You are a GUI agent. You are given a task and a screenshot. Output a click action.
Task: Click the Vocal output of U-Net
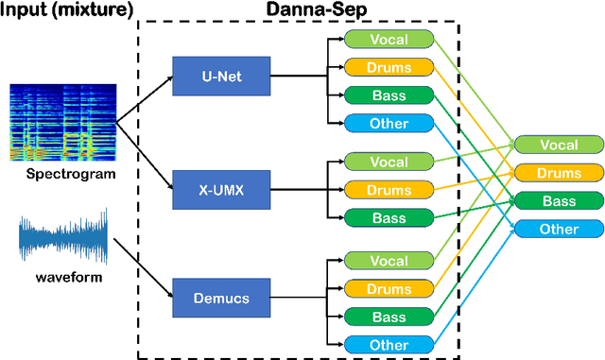389,40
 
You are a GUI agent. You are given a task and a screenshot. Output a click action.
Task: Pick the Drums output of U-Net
389,67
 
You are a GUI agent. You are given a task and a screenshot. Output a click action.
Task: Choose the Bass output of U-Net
389,94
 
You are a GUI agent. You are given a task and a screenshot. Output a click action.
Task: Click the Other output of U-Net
389,123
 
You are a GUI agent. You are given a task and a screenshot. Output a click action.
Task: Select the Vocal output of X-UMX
389,162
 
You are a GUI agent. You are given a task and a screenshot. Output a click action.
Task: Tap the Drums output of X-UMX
389,189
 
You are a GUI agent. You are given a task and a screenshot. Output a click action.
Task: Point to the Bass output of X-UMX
389,217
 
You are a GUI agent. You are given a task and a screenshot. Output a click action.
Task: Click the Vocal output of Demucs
389,260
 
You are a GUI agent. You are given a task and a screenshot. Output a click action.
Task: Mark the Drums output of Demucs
389,287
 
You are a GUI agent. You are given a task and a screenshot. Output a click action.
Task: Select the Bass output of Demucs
389,316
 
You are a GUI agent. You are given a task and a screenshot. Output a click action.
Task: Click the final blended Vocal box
559,145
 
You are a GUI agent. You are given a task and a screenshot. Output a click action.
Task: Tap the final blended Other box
559,229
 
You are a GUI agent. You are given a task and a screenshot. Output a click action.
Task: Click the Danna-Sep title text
299,10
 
